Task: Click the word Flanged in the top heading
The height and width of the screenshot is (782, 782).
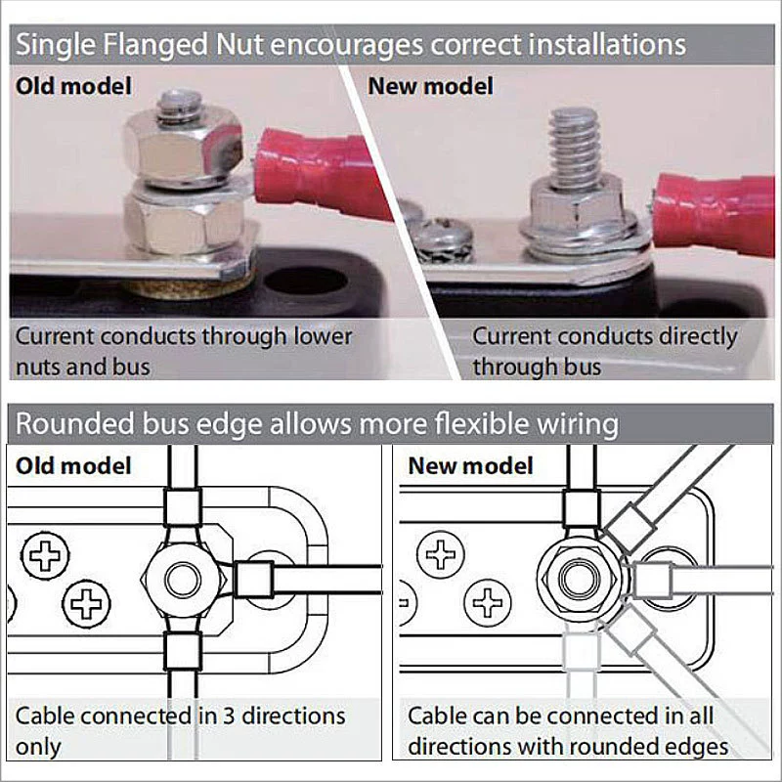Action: tap(155, 46)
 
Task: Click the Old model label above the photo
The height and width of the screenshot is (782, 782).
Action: tap(74, 86)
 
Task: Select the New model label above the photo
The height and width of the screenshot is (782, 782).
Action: tap(430, 86)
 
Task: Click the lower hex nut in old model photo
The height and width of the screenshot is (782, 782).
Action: tap(184, 221)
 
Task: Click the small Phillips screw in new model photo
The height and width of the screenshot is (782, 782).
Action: tap(442, 239)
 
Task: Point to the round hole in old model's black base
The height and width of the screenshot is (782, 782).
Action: tap(305, 280)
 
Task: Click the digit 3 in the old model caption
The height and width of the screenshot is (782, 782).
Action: tap(229, 717)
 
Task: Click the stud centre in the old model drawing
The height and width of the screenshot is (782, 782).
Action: tap(183, 580)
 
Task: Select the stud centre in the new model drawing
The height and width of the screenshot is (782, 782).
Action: tap(578, 580)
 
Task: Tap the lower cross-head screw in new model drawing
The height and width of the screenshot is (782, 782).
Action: tap(487, 602)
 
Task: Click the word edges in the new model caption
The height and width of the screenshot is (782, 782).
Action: tap(697, 747)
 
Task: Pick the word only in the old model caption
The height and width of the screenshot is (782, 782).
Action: tap(38, 747)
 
